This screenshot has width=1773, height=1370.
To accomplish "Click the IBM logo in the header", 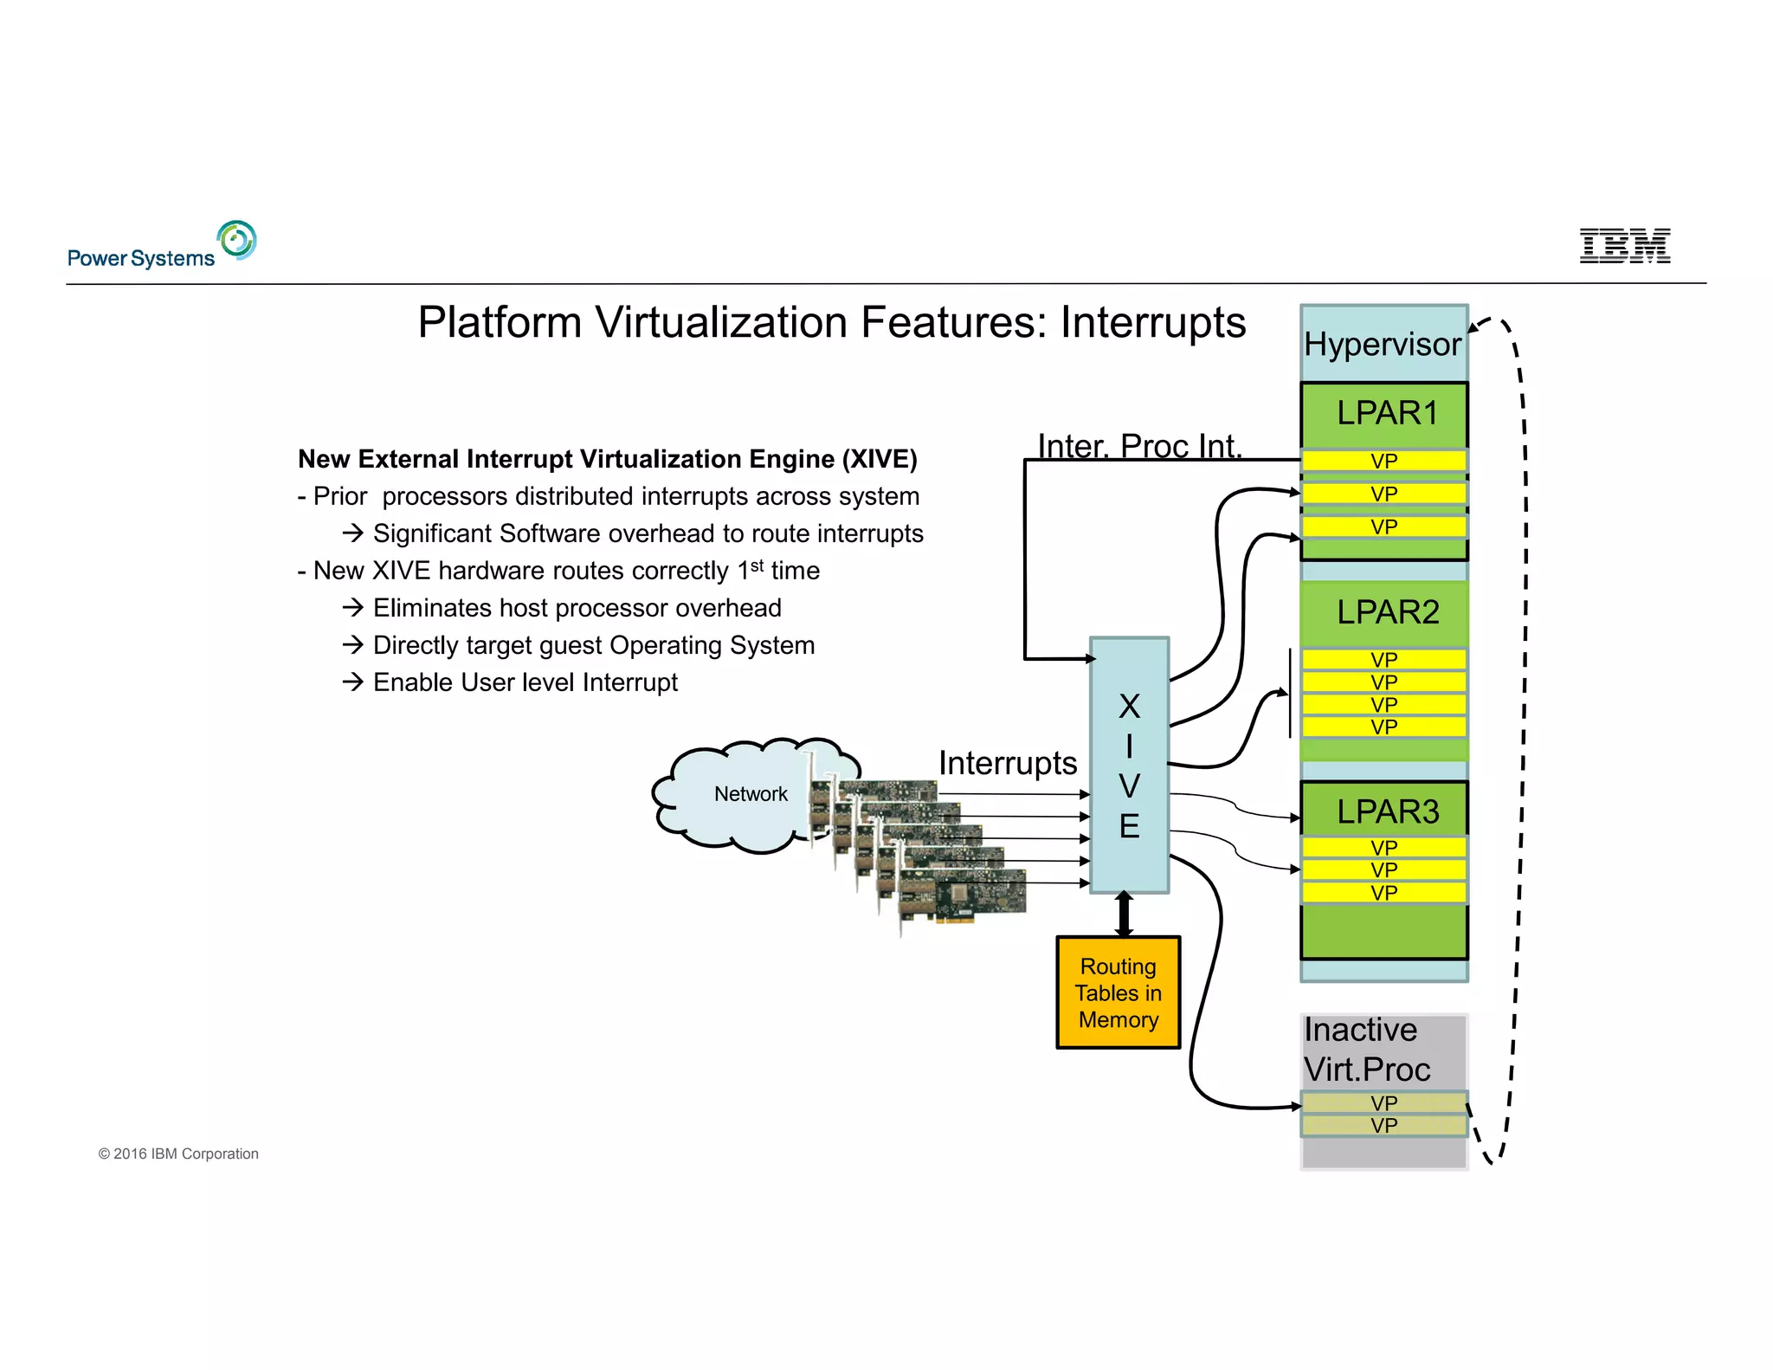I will point(1624,246).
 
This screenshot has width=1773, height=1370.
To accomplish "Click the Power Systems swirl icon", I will point(237,240).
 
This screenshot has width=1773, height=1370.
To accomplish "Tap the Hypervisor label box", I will point(1383,344).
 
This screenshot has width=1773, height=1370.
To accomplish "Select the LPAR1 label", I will point(1387,413).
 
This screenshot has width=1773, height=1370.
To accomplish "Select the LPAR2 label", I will point(1387,612).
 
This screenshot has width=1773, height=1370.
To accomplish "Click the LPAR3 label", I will point(1387,811).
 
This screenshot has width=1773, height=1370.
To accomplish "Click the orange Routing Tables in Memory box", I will point(1118,992).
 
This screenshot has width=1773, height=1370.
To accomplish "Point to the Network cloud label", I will point(751,794).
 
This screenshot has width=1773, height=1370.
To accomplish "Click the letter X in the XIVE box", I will point(1129,707).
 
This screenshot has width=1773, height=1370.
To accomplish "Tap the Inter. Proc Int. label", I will point(1139,445).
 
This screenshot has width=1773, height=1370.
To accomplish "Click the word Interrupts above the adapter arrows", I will point(1008,763).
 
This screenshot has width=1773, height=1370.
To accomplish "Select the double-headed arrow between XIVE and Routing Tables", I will point(1124,914).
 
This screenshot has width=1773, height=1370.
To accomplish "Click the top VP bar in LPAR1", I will point(1383,461).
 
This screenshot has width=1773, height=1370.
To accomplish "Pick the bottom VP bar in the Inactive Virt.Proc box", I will point(1383,1126).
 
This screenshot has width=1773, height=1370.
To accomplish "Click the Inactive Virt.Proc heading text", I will point(1367,1050).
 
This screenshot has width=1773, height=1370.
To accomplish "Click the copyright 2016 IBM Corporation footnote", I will point(178,1154).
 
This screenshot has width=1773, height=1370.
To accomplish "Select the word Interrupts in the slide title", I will point(1153,323).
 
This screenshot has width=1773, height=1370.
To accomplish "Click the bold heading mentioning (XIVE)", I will point(607,459).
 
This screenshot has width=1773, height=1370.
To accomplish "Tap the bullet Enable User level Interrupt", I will point(525,682).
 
